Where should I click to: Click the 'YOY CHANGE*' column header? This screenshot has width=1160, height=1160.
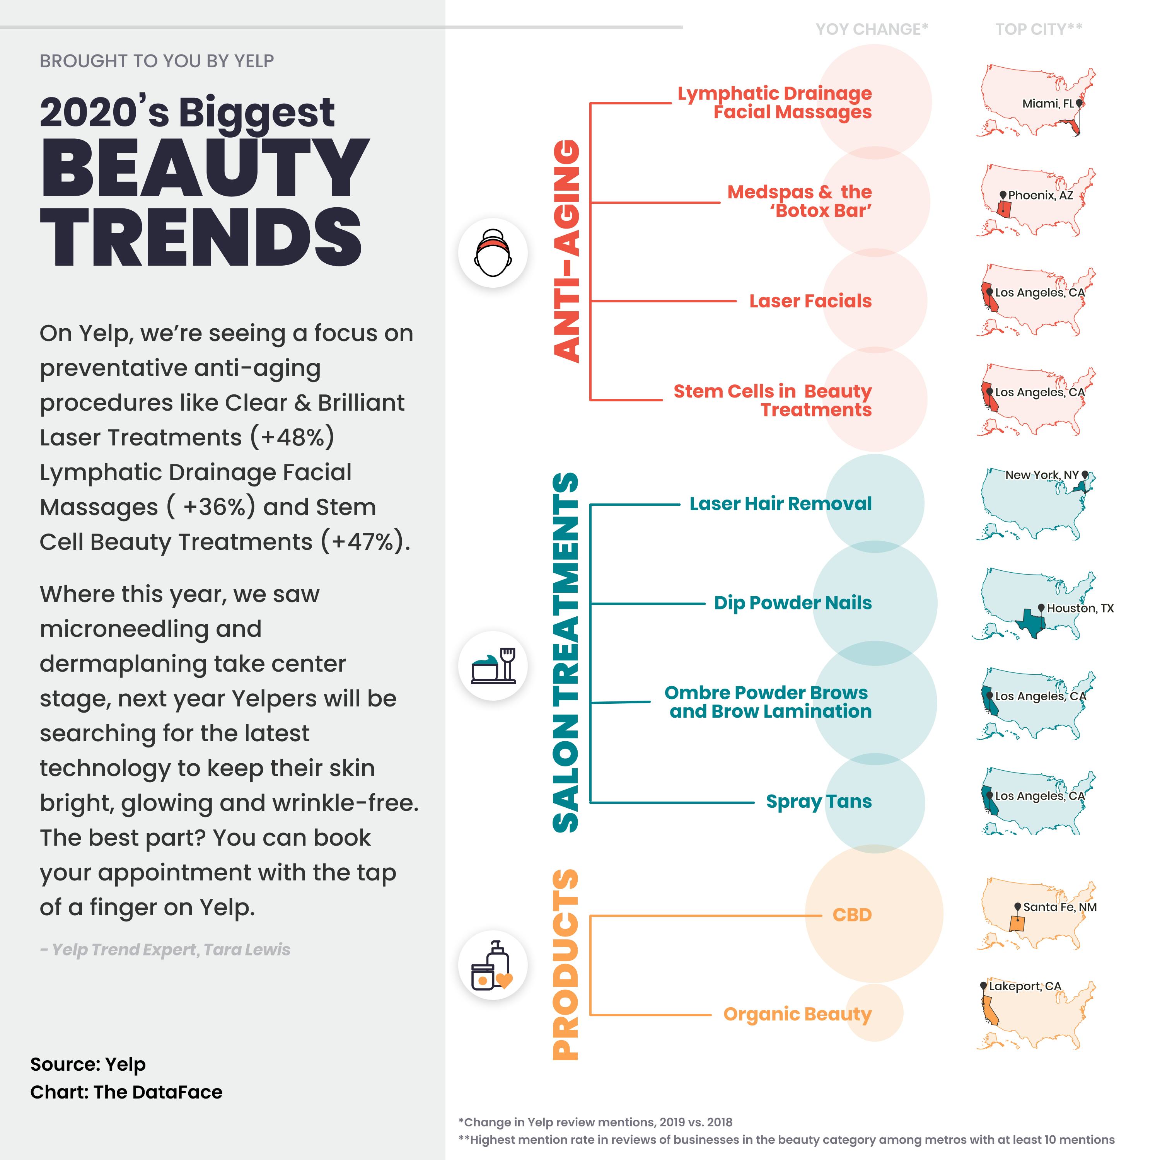(871, 29)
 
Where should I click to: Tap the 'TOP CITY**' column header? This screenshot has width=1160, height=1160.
(1038, 29)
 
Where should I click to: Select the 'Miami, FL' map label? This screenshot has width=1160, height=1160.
(1048, 104)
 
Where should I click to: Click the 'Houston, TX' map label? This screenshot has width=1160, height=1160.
(1080, 608)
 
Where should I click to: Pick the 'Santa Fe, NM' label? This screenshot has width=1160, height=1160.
(1060, 907)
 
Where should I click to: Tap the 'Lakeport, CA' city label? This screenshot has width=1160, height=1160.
(1025, 986)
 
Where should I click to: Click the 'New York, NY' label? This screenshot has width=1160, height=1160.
(1042, 475)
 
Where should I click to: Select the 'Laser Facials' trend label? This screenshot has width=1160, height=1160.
(810, 301)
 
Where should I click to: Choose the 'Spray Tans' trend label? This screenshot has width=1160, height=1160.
(818, 802)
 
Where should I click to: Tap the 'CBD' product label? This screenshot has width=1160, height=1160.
(851, 914)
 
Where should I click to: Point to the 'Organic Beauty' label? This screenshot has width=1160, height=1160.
(797, 1014)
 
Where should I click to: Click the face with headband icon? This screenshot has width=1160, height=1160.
(492, 253)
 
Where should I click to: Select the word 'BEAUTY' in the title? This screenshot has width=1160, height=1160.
(204, 168)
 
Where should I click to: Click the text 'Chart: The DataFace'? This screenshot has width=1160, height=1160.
(126, 1092)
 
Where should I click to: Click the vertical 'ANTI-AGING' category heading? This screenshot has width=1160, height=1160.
(566, 251)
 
